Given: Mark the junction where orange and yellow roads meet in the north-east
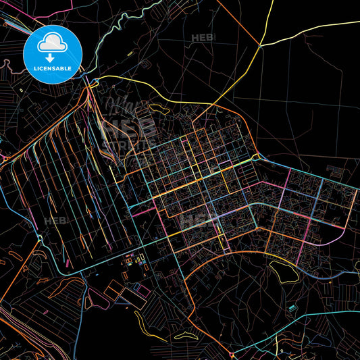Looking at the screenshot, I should tap(260, 46).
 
